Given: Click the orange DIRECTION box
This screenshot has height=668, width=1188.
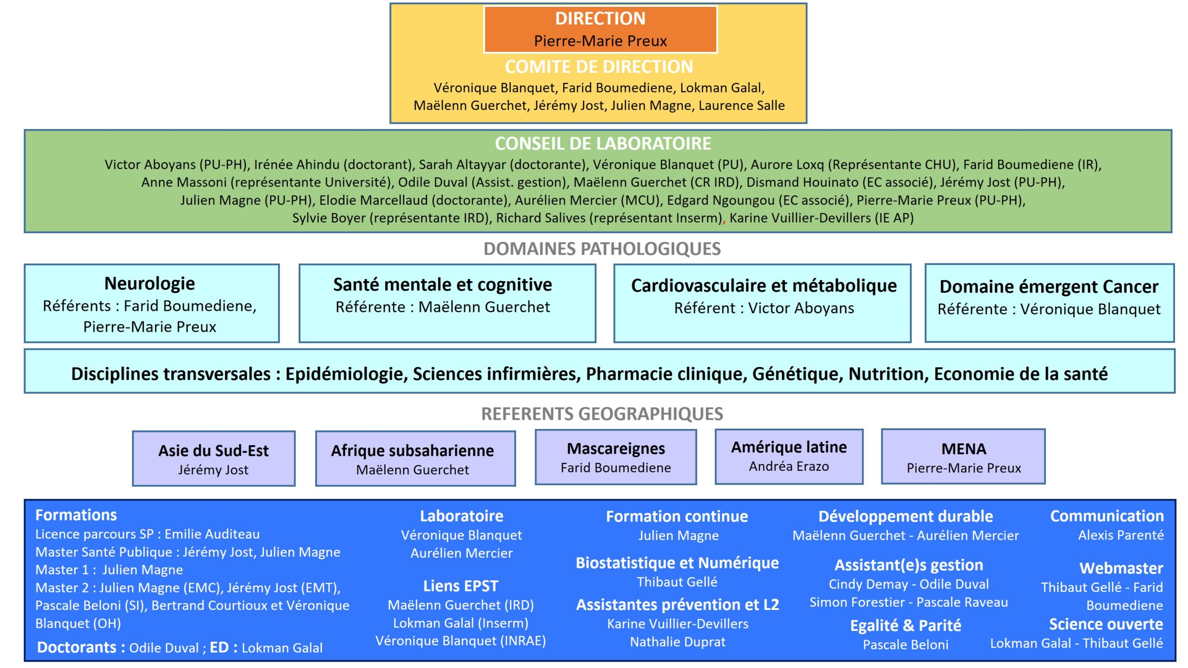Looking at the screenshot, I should pos(600,29).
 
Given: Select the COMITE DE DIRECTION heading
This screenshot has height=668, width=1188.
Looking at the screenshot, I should pos(599,67).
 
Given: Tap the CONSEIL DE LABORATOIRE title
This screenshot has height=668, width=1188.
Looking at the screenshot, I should pos(602,144).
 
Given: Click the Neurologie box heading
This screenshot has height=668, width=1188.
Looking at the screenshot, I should pos(149,283).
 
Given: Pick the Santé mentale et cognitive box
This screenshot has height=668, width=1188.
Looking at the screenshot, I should pos(447,303).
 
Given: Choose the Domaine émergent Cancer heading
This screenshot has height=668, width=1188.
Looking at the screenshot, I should pos(1049,287).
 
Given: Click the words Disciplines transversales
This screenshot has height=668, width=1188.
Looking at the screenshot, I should pos(171,374).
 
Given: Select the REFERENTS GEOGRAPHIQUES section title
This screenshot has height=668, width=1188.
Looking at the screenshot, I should pos(602,414).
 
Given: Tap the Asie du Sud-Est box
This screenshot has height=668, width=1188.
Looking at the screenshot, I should pos(213,458).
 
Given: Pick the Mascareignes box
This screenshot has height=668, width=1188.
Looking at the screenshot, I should pos(615,457).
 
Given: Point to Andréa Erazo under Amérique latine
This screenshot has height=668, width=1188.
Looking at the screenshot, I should pos(788,466).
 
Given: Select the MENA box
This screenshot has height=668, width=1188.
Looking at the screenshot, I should pos(963,457).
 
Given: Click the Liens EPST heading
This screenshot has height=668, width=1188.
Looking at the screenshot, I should pos(460,586).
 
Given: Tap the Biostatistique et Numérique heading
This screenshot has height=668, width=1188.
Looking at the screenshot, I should pos(677,563).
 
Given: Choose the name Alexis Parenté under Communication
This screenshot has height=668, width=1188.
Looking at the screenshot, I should pos(1120,535).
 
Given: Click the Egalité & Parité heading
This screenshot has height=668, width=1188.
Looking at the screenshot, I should pos(905,625).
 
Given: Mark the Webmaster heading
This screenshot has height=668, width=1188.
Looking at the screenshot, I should pos(1121,568).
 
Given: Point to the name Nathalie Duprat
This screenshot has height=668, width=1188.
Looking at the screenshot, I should pos(678,642).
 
